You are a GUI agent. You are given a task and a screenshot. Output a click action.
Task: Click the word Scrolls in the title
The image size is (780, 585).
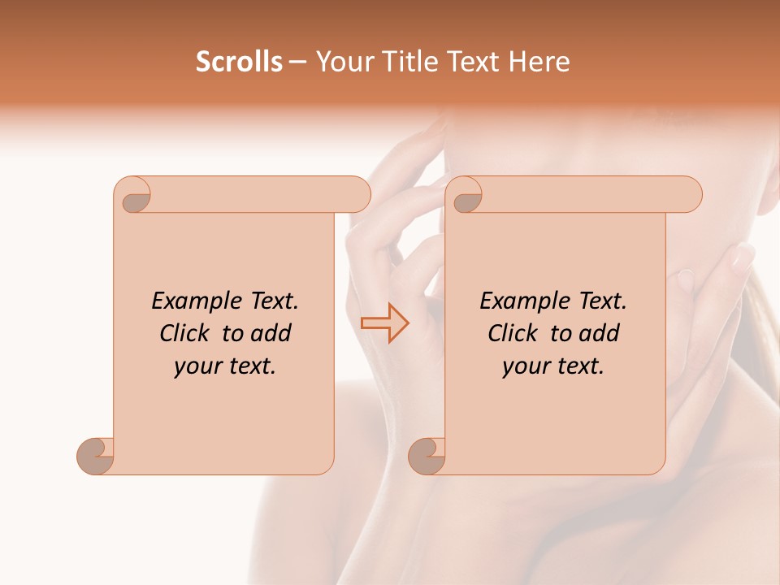pos(239,62)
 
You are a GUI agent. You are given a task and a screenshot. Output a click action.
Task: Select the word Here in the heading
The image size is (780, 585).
pos(540,62)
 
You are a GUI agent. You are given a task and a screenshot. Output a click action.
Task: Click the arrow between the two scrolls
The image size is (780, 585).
pos(385,323)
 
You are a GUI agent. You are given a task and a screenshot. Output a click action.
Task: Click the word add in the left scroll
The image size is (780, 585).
pos(271,333)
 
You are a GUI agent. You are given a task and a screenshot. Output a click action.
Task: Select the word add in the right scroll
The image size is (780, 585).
pos(599,333)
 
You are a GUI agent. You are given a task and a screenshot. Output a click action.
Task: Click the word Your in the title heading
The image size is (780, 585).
pos(344,62)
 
